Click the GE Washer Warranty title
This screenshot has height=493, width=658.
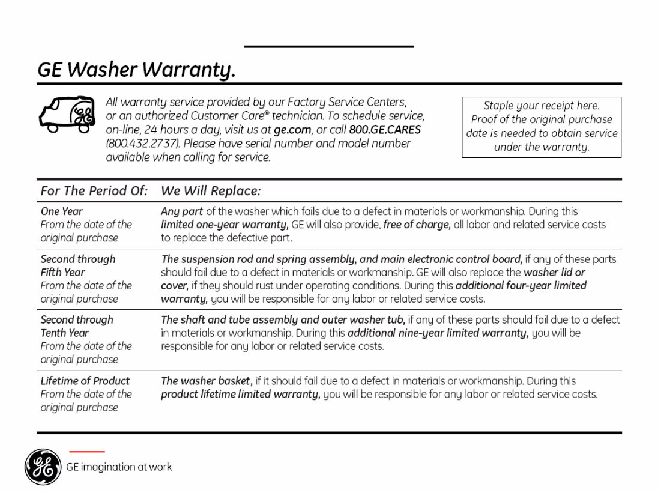point(136,70)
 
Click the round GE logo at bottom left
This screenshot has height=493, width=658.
point(43,467)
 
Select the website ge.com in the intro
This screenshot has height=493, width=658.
point(292,130)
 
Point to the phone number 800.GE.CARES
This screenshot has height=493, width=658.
point(385,130)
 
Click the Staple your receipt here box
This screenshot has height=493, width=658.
point(541,127)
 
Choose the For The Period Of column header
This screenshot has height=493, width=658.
point(94,191)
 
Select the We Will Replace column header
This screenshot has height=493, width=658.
point(211,191)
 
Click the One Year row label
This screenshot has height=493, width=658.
point(62,211)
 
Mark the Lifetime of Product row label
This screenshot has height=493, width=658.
point(85,381)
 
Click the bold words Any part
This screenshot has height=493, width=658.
point(182,211)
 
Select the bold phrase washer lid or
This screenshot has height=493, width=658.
point(554,273)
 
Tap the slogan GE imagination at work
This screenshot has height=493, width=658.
point(119,467)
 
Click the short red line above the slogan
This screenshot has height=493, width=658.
point(86,451)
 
